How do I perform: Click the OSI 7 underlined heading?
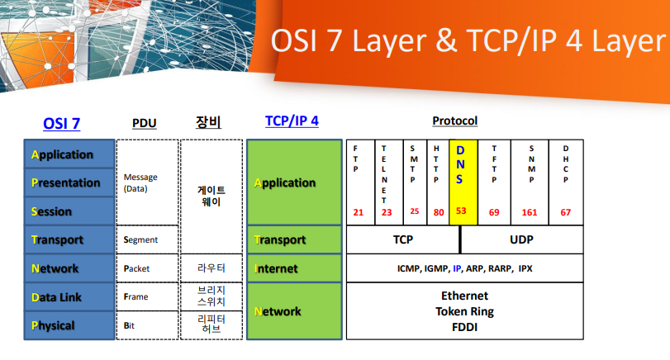click(61, 123)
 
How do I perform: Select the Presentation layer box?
click(69, 182)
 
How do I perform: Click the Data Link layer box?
click(69, 297)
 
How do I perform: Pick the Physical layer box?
click(69, 325)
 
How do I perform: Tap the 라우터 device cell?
click(211, 268)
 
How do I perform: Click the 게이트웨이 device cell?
click(211, 195)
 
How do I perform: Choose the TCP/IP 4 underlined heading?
click(292, 121)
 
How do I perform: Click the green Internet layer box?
click(294, 268)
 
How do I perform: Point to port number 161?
click(530, 212)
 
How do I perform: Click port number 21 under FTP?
click(359, 212)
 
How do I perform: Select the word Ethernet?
click(464, 296)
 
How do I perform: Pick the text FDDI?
click(464, 327)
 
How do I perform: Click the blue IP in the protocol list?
click(457, 268)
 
